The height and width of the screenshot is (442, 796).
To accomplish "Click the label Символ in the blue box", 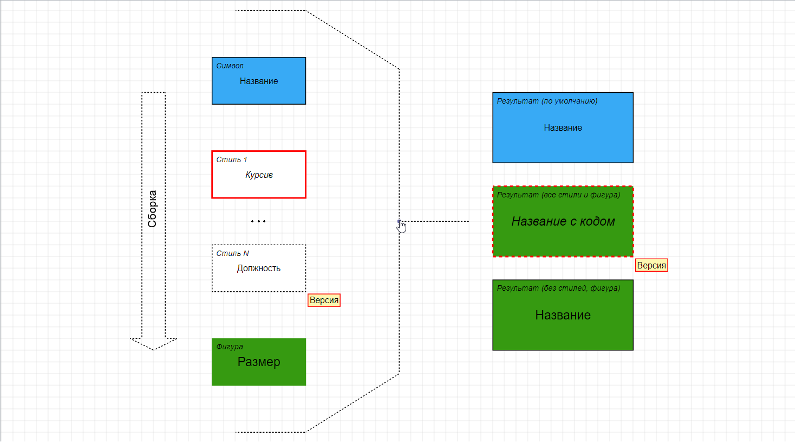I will tap(230, 66).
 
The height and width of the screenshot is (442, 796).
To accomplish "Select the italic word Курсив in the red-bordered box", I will tap(259, 175).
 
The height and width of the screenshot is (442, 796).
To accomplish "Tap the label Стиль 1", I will tap(231, 159).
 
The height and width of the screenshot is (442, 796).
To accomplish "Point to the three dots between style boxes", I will tap(258, 221).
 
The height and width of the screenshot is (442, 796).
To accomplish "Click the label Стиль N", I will tap(232, 253).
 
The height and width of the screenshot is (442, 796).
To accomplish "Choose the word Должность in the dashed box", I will tap(258, 268).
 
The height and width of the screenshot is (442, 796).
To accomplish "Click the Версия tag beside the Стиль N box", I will tap(324, 300).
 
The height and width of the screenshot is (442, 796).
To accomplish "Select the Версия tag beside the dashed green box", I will tap(651, 265).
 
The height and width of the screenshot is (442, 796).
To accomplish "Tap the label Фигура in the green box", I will tap(230, 347).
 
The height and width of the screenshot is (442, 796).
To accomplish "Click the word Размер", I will tap(259, 362).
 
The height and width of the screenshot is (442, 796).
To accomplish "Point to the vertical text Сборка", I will tap(152, 209).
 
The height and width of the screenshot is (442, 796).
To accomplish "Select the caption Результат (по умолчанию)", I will tap(547, 101).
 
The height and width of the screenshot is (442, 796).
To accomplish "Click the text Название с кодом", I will tap(563, 221).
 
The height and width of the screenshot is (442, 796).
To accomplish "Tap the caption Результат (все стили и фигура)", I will tap(558, 195).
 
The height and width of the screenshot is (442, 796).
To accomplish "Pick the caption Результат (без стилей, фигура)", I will tap(558, 288).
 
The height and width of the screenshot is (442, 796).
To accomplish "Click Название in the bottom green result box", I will tap(563, 315).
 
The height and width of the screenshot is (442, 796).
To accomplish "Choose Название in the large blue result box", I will tap(563, 128).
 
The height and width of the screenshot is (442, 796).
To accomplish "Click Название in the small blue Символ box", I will tap(259, 81).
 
